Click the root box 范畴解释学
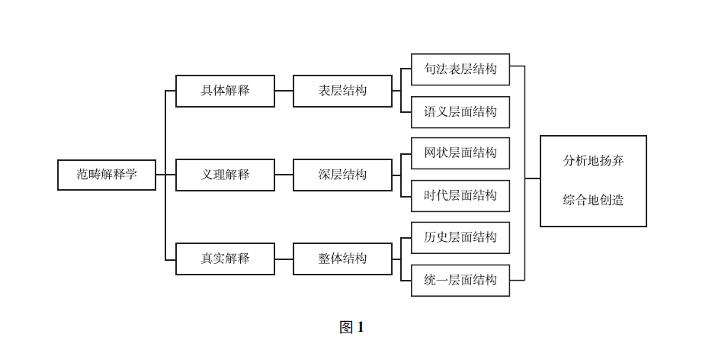tap(107, 175)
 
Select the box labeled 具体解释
tap(225, 91)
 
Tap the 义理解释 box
tap(225, 175)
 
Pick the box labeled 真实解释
tap(225, 259)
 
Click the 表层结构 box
tap(342, 91)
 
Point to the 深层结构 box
tap(342, 175)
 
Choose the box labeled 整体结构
tap(342, 259)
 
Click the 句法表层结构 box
tap(460, 69)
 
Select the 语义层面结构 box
tap(460, 112)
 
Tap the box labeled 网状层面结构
tap(460, 153)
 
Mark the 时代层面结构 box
tap(460, 196)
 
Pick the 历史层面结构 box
tap(460, 237)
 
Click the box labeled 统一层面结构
tap(460, 280)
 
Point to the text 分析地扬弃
tap(593, 161)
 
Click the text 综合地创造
tap(593, 201)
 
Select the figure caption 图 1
tap(351, 327)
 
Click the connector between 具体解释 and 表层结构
tap(284, 91)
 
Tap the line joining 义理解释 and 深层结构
tap(284, 175)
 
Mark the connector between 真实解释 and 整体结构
tap(284, 259)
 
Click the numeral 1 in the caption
tap(361, 327)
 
